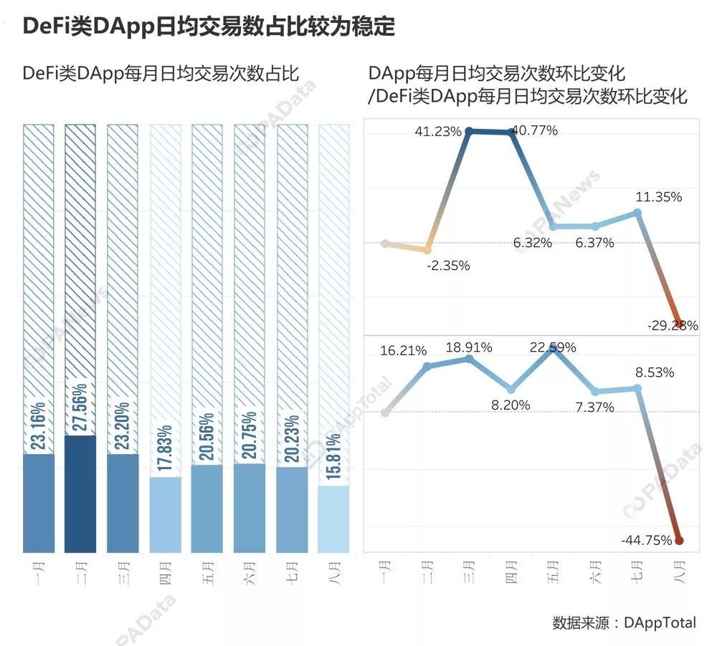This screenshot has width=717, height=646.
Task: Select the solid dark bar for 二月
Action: pyautogui.click(x=80, y=494)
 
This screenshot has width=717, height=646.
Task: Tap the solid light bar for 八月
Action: pyautogui.click(x=333, y=519)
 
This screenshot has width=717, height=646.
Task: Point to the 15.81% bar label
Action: pyautogui.click(x=334, y=458)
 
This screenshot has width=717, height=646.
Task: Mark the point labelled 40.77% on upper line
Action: pyautogui.click(x=511, y=131)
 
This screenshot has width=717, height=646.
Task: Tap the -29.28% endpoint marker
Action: pyautogui.click(x=679, y=324)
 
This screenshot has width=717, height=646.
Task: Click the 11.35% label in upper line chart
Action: pyautogui.click(x=657, y=197)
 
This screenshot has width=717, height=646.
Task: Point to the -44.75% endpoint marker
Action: pyautogui.click(x=679, y=541)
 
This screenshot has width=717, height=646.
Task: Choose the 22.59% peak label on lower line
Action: pyautogui.click(x=552, y=348)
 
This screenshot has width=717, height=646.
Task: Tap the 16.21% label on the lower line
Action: pyautogui.click(x=403, y=351)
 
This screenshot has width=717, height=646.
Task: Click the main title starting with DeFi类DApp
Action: pyautogui.click(x=209, y=26)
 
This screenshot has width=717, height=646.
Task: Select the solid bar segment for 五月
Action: pyautogui.click(x=207, y=508)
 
